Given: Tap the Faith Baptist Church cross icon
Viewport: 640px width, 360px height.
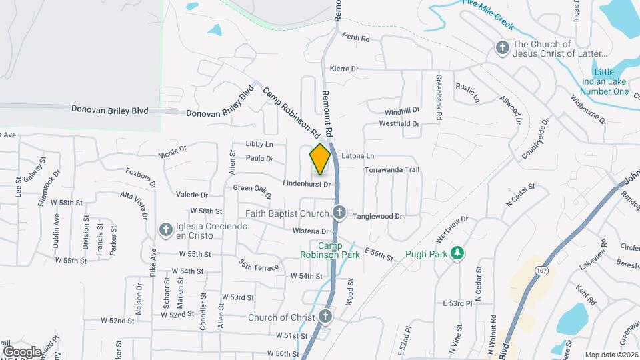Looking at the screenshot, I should click(x=339, y=213).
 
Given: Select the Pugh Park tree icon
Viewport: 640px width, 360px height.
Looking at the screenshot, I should click(x=457, y=253).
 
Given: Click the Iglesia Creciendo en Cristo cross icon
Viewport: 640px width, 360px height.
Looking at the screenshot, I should click(x=165, y=229).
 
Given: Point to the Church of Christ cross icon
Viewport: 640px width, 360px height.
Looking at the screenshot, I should click(x=325, y=317).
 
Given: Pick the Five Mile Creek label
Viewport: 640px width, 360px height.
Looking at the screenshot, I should click(x=487, y=13).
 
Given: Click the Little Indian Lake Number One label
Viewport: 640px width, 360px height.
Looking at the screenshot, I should click(x=603, y=82).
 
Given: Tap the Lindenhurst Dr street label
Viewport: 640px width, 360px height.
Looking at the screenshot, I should click(x=307, y=183).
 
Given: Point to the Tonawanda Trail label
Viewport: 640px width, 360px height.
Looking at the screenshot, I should click(x=391, y=170).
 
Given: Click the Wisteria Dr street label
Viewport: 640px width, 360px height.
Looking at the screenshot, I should click(x=311, y=231).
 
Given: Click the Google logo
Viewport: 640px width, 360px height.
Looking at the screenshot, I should click(x=22, y=351).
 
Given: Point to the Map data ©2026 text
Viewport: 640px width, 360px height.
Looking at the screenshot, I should click(x=611, y=355).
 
